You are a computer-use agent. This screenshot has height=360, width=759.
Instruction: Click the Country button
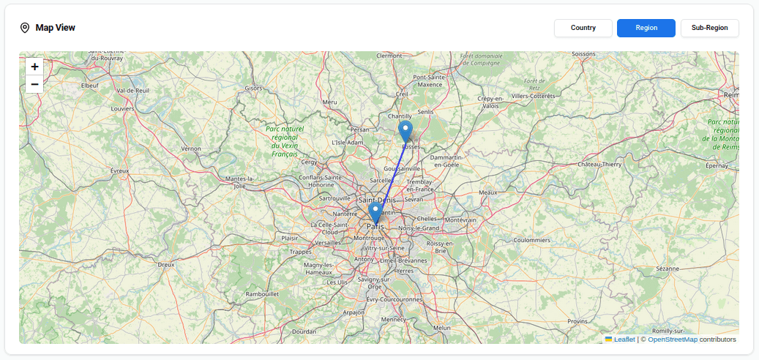coord(583,28)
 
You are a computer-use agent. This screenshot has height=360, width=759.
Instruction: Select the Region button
coord(646,28)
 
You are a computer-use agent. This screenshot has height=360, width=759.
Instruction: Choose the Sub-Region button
coord(709,28)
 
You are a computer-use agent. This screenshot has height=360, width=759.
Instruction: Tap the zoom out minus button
coord(34,84)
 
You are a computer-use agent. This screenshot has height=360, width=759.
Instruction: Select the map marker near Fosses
coord(405,132)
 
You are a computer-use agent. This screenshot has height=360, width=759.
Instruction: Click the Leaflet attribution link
coord(624,340)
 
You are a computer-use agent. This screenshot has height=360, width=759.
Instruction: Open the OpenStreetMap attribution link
coord(672,340)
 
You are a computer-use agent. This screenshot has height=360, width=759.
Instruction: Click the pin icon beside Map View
coord(25,28)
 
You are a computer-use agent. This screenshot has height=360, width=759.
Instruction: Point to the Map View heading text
coord(55,28)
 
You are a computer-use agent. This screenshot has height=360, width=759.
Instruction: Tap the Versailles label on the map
coord(327,242)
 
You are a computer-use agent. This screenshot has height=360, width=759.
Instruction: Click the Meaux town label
coord(487,192)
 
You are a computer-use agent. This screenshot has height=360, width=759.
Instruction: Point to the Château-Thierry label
coord(600,165)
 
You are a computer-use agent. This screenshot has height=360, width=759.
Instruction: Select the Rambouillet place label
coord(263,294)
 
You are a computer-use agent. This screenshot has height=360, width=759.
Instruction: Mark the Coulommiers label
coord(531,240)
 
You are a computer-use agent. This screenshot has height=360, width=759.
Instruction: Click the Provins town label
coord(577,320)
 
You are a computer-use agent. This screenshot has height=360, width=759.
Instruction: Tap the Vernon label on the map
coord(191,149)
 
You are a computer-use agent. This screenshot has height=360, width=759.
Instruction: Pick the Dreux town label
coord(166,264)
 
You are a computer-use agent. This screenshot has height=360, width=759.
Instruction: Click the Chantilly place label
coord(400,116)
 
